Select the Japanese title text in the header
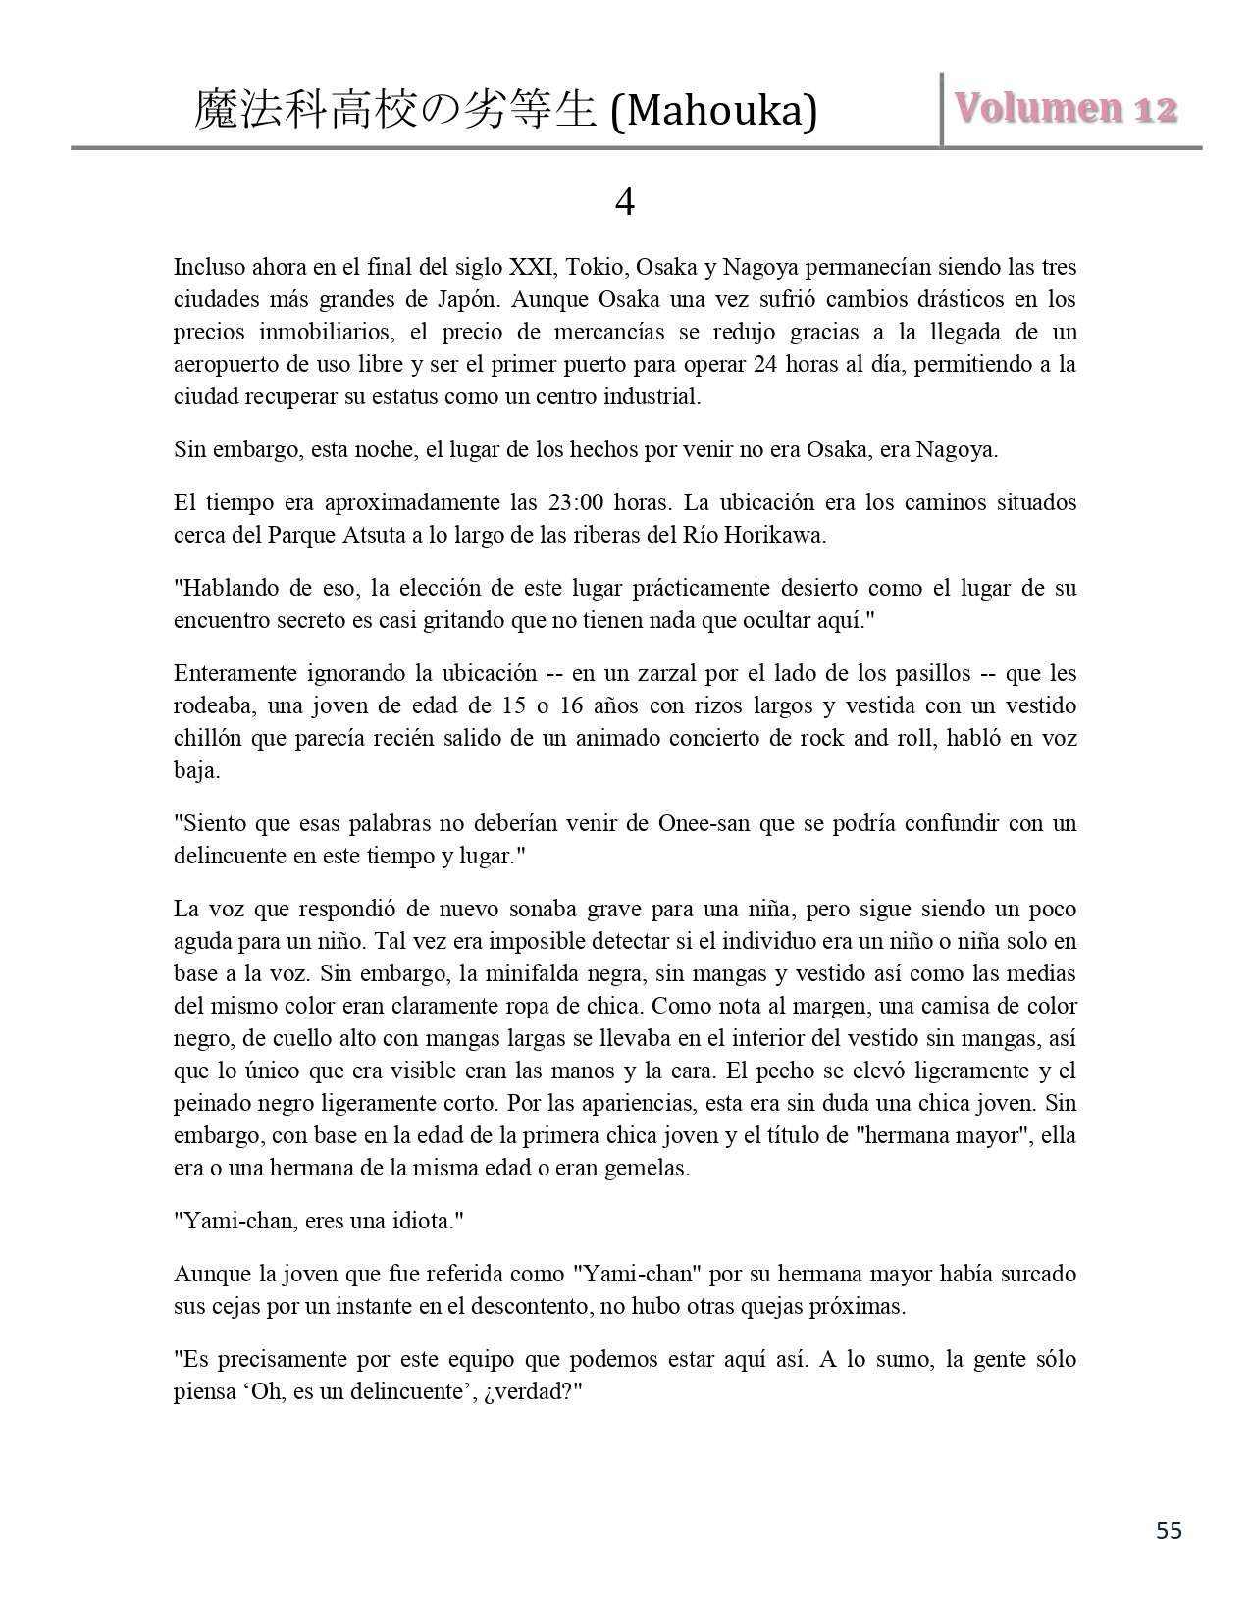tap(395, 110)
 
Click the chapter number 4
tap(624, 203)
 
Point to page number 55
tap(1169, 1531)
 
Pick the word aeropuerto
tap(224, 364)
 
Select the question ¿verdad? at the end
tap(535, 1392)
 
